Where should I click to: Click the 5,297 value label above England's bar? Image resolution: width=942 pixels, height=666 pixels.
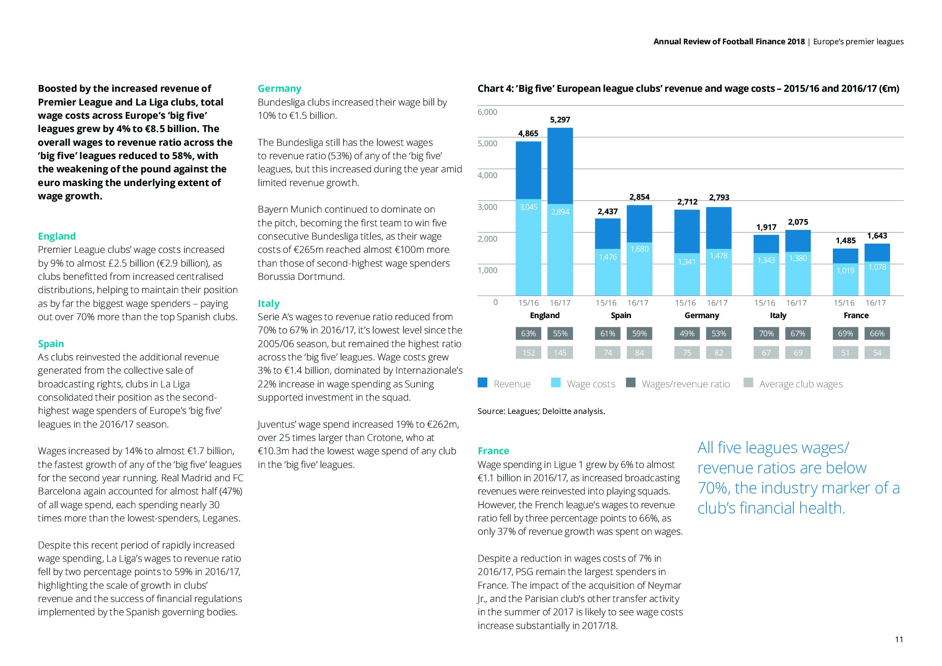(x=560, y=120)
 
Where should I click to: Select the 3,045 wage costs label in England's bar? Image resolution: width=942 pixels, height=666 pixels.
(x=528, y=207)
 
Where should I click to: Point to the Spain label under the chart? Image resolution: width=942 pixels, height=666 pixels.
(x=621, y=315)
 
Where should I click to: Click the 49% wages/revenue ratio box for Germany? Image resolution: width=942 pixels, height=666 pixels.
(x=687, y=334)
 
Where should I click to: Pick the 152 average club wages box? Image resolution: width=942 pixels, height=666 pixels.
(x=528, y=353)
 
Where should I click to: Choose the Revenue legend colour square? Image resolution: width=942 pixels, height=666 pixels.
(x=482, y=383)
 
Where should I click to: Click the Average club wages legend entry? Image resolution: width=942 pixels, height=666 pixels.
(x=801, y=384)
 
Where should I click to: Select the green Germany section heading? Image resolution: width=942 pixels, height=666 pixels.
(x=279, y=89)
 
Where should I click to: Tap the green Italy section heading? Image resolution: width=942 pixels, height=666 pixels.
(x=268, y=304)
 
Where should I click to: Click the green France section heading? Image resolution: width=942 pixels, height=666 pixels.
(x=493, y=451)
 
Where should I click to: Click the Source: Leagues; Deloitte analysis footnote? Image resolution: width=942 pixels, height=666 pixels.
(x=541, y=412)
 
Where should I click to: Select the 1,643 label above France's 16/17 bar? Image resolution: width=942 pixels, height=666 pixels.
(x=877, y=236)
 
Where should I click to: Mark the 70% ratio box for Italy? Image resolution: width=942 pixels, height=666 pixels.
(x=766, y=334)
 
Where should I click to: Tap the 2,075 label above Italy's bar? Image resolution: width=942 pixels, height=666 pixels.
(x=797, y=222)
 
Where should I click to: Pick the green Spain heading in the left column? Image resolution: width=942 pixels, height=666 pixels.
(x=51, y=343)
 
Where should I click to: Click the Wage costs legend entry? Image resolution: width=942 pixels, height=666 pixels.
(x=590, y=384)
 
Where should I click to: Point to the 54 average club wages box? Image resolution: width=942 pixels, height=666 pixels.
(x=877, y=353)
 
